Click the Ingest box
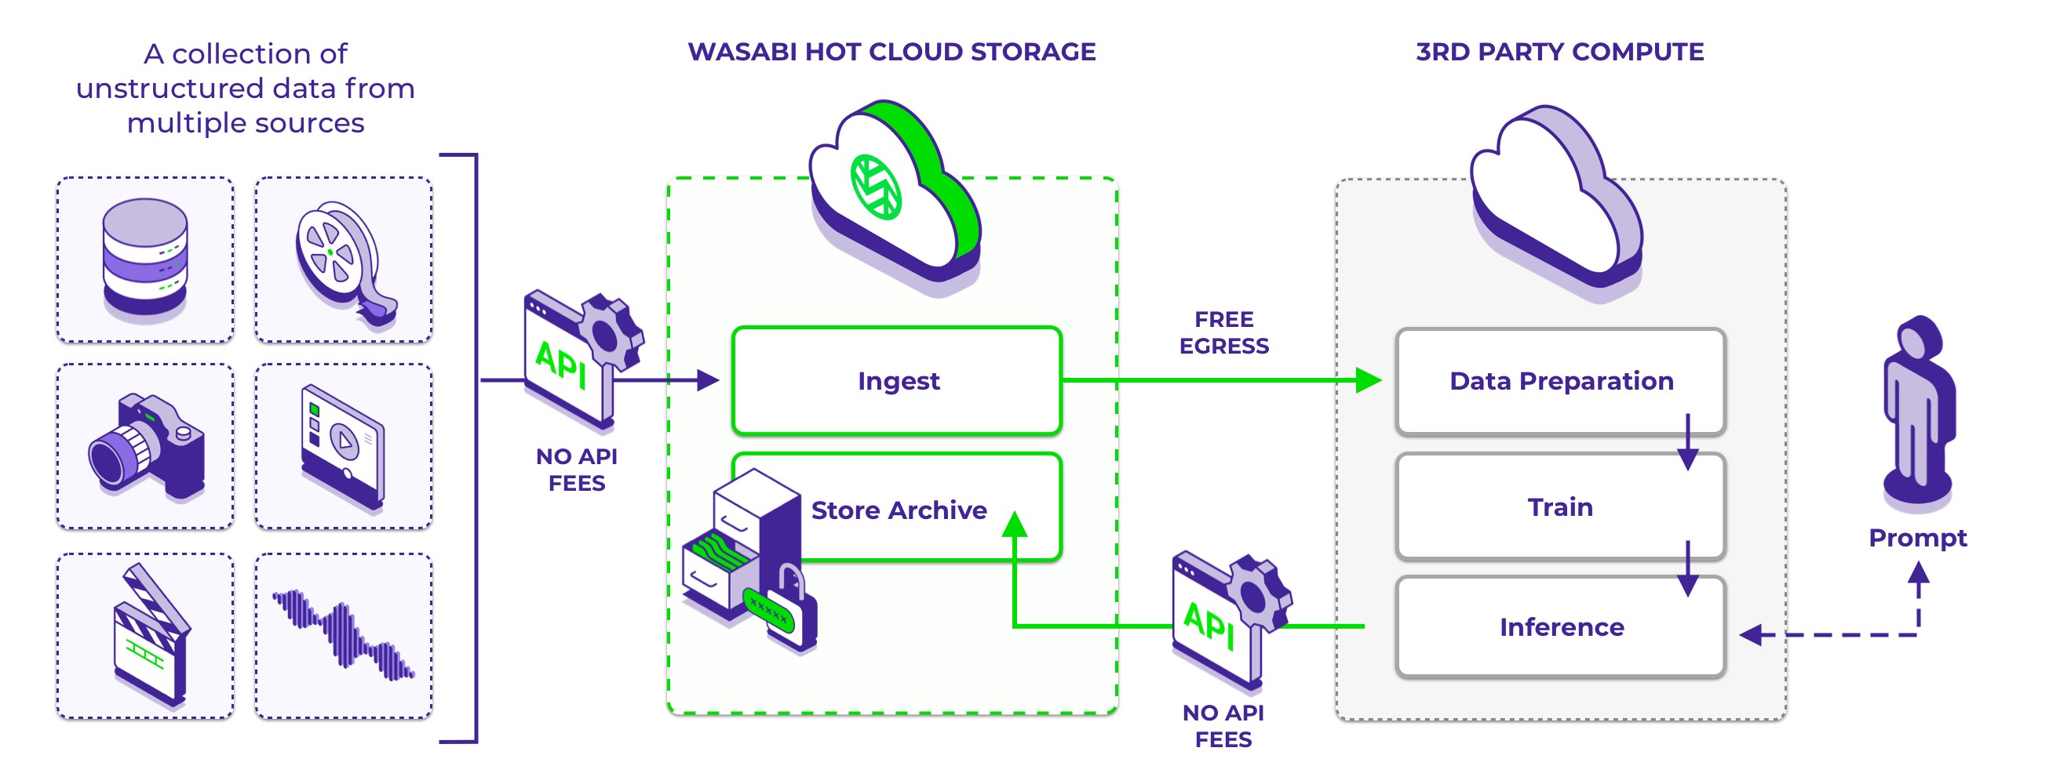tap(897, 380)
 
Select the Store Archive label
tap(899, 510)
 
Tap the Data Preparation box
tap(1560, 380)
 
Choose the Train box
tap(1560, 506)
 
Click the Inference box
tap(1561, 627)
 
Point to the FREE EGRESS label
tap(1223, 332)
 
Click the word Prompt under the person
tap(1917, 538)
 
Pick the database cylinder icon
tap(144, 258)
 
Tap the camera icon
tap(146, 444)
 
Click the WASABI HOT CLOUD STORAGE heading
tap(891, 52)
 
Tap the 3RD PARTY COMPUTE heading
tap(1559, 52)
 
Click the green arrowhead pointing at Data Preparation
tap(1369, 380)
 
